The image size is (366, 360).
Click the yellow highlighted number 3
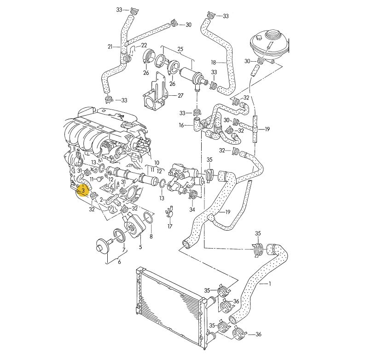click(x=83, y=191)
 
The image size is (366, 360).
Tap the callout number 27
click(x=180, y=95)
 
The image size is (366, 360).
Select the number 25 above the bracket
click(x=180, y=49)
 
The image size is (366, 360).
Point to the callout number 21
click(x=110, y=46)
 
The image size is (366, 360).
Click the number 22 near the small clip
click(x=144, y=45)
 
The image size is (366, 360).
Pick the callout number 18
click(x=214, y=63)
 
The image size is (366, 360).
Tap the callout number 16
click(x=181, y=125)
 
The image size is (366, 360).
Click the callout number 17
click(x=170, y=226)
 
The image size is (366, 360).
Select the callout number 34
click(x=192, y=210)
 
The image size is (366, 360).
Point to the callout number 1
click(x=270, y=284)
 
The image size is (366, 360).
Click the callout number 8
click(x=151, y=237)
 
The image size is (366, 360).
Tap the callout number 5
click(x=140, y=247)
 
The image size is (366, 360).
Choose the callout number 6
click(x=119, y=262)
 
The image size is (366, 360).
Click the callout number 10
click(x=157, y=163)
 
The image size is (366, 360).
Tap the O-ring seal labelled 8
click(x=148, y=217)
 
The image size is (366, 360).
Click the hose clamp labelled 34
click(x=193, y=193)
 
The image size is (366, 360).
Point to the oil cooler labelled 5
click(x=134, y=226)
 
